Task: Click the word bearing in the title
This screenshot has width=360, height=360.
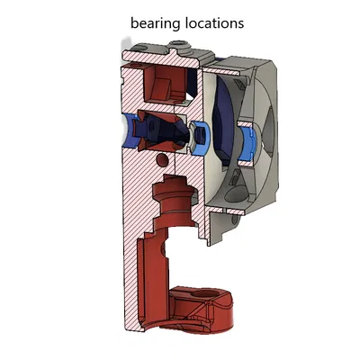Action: click(155, 22)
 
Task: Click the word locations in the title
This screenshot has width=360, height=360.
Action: click(212, 22)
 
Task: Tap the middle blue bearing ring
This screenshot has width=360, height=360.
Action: click(201, 133)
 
